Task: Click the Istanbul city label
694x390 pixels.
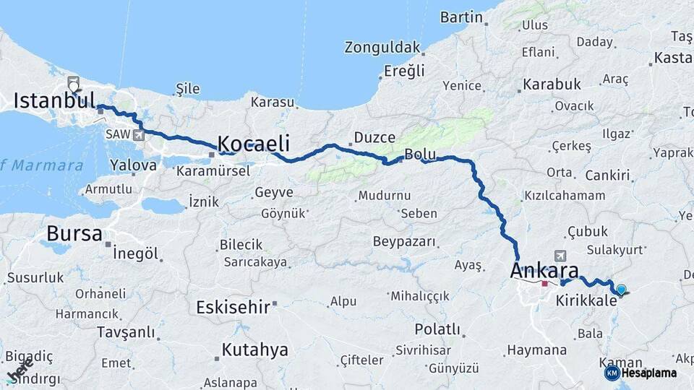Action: coord(54,100)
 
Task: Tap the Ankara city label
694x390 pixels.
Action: coord(544,271)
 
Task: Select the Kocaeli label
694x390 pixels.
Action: coord(254,142)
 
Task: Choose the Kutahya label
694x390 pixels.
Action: coord(254,350)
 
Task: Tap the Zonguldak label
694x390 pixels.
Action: coord(382,48)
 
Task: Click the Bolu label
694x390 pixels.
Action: coord(419,155)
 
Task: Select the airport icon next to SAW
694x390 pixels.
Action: coord(138,134)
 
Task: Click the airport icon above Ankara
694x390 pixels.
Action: coord(560,256)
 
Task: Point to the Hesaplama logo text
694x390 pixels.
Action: coord(648,373)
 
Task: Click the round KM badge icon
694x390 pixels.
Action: coord(612,373)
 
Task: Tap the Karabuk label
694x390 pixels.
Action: coord(551,84)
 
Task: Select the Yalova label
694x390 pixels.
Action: coord(133,165)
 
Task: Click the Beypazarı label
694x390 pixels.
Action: coord(405,241)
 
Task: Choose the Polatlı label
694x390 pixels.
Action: coord(437,329)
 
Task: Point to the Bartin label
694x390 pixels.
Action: coord(460,17)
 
